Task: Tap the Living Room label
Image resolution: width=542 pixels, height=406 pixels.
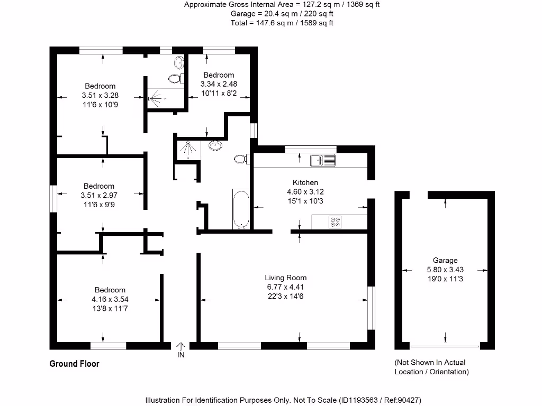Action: click(x=286, y=278)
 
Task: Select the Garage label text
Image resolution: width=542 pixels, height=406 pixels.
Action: click(x=445, y=260)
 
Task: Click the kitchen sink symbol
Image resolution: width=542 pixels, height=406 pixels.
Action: click(x=323, y=160)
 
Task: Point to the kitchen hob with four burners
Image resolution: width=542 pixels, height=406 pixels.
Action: click(x=336, y=222)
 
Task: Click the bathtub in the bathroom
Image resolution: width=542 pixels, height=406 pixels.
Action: click(x=241, y=209)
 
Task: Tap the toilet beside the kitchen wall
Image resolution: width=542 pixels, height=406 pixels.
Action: click(x=240, y=159)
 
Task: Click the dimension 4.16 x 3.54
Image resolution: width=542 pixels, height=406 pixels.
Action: click(x=110, y=299)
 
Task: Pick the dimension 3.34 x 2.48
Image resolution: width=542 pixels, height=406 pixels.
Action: click(x=219, y=84)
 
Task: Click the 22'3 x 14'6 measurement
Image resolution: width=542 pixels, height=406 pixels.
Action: click(x=285, y=296)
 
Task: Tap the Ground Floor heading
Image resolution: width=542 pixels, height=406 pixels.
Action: click(x=74, y=364)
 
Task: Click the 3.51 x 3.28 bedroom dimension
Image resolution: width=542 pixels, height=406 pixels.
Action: click(x=100, y=95)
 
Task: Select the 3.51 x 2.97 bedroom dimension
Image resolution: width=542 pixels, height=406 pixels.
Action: click(x=99, y=195)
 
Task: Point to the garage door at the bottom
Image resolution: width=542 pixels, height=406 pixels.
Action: click(x=445, y=347)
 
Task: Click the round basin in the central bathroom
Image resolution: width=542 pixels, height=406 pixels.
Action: click(x=216, y=145)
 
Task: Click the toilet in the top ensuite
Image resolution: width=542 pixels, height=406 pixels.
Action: click(x=175, y=79)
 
